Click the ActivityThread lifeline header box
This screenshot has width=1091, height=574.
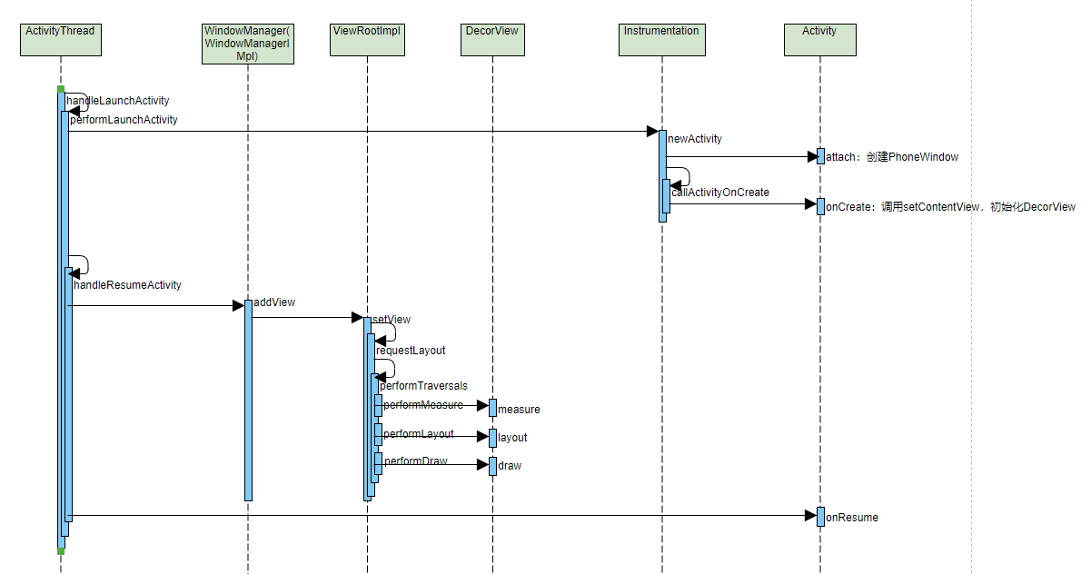[x=60, y=40]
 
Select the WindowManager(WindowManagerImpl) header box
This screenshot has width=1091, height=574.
[x=248, y=44]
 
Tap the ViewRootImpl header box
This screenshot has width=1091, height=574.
[x=367, y=40]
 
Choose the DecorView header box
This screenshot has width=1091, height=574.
[x=492, y=40]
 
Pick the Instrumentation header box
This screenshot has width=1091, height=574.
[x=661, y=40]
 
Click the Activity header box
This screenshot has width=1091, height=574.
[x=819, y=40]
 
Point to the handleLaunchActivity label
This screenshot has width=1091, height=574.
[x=118, y=101]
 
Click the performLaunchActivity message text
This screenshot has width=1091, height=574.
[x=124, y=120]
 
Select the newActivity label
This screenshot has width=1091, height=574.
[x=695, y=139]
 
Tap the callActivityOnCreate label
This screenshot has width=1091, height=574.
[x=720, y=193]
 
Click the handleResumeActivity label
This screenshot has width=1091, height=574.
[x=127, y=285]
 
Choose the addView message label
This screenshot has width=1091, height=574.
[x=274, y=302]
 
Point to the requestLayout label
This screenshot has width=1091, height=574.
[x=412, y=351]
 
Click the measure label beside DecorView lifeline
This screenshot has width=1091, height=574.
[x=519, y=410]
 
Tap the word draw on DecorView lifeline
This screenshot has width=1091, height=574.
[x=510, y=466]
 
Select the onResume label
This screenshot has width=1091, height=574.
[x=852, y=518]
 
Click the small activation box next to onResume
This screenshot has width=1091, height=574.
[x=820, y=517]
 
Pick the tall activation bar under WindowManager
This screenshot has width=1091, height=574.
[x=248, y=400]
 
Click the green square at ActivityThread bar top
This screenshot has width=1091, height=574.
[x=61, y=89]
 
